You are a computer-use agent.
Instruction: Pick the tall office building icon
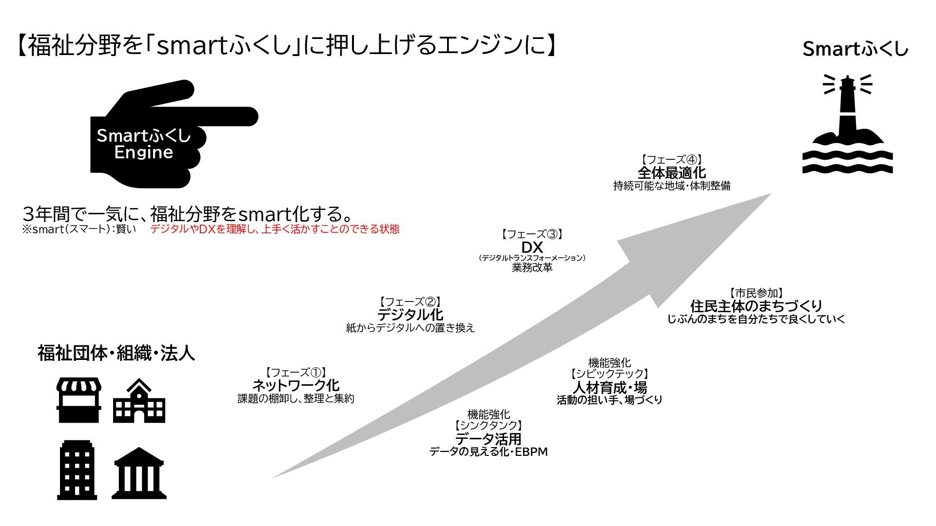[x=77, y=470]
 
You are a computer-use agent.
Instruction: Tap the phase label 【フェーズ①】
[x=295, y=373]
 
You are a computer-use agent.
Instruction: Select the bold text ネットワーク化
[x=295, y=385]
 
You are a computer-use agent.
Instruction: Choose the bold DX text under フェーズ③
[x=532, y=247]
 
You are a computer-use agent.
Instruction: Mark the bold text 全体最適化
[x=671, y=172]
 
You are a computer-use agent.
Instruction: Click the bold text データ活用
[x=488, y=439]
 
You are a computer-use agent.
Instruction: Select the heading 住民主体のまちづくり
[x=756, y=306]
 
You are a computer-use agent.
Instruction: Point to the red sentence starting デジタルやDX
[x=274, y=229]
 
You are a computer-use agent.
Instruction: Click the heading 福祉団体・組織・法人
[x=117, y=353]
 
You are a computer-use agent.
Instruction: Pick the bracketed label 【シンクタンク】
[x=488, y=426]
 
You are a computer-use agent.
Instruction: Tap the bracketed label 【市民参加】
[x=756, y=293]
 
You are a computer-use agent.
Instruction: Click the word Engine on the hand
[x=143, y=152]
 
